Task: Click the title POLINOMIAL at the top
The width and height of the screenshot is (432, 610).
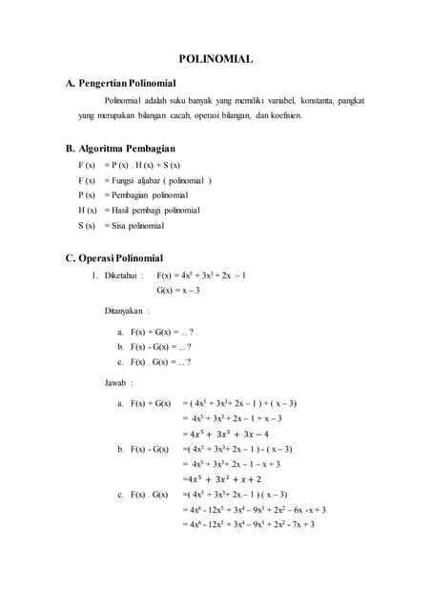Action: click(216, 59)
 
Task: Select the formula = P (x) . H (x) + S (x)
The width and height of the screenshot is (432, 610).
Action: click(142, 164)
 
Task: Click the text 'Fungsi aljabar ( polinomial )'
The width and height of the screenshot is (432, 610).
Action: click(158, 179)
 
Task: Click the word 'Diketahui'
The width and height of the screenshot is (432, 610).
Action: click(123, 275)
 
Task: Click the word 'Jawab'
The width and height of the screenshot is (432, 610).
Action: click(118, 382)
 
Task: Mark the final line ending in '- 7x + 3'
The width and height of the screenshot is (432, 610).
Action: click(254, 523)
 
